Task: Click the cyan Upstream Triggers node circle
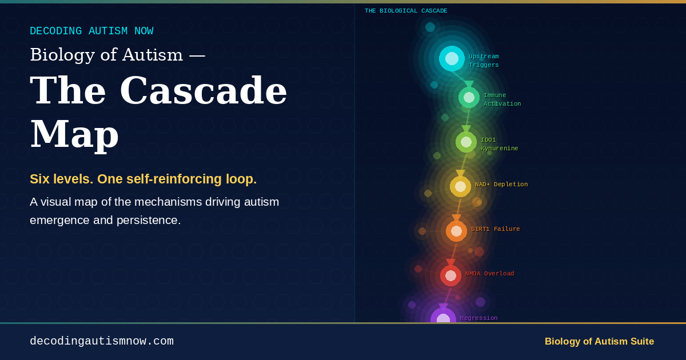pos(452,58)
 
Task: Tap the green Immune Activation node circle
pos(469,97)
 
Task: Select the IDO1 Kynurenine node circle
pos(466,142)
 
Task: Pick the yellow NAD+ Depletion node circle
pos(460,186)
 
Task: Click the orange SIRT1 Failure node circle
pos(456,231)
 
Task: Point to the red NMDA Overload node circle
pos(450,276)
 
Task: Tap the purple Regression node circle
pos(443,315)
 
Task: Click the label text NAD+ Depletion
pos(501,184)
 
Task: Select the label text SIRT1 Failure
pos(496,229)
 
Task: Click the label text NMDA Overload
pos(490,274)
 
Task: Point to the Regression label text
pos(478,318)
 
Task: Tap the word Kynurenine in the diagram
pos(499,149)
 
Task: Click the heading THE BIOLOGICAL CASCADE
pos(406,11)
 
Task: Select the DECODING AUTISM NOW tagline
pos(91,31)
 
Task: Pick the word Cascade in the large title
pos(204,90)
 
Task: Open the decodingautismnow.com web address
pos(102,341)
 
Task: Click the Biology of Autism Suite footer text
pos(599,341)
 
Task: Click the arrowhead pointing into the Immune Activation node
pos(469,84)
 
